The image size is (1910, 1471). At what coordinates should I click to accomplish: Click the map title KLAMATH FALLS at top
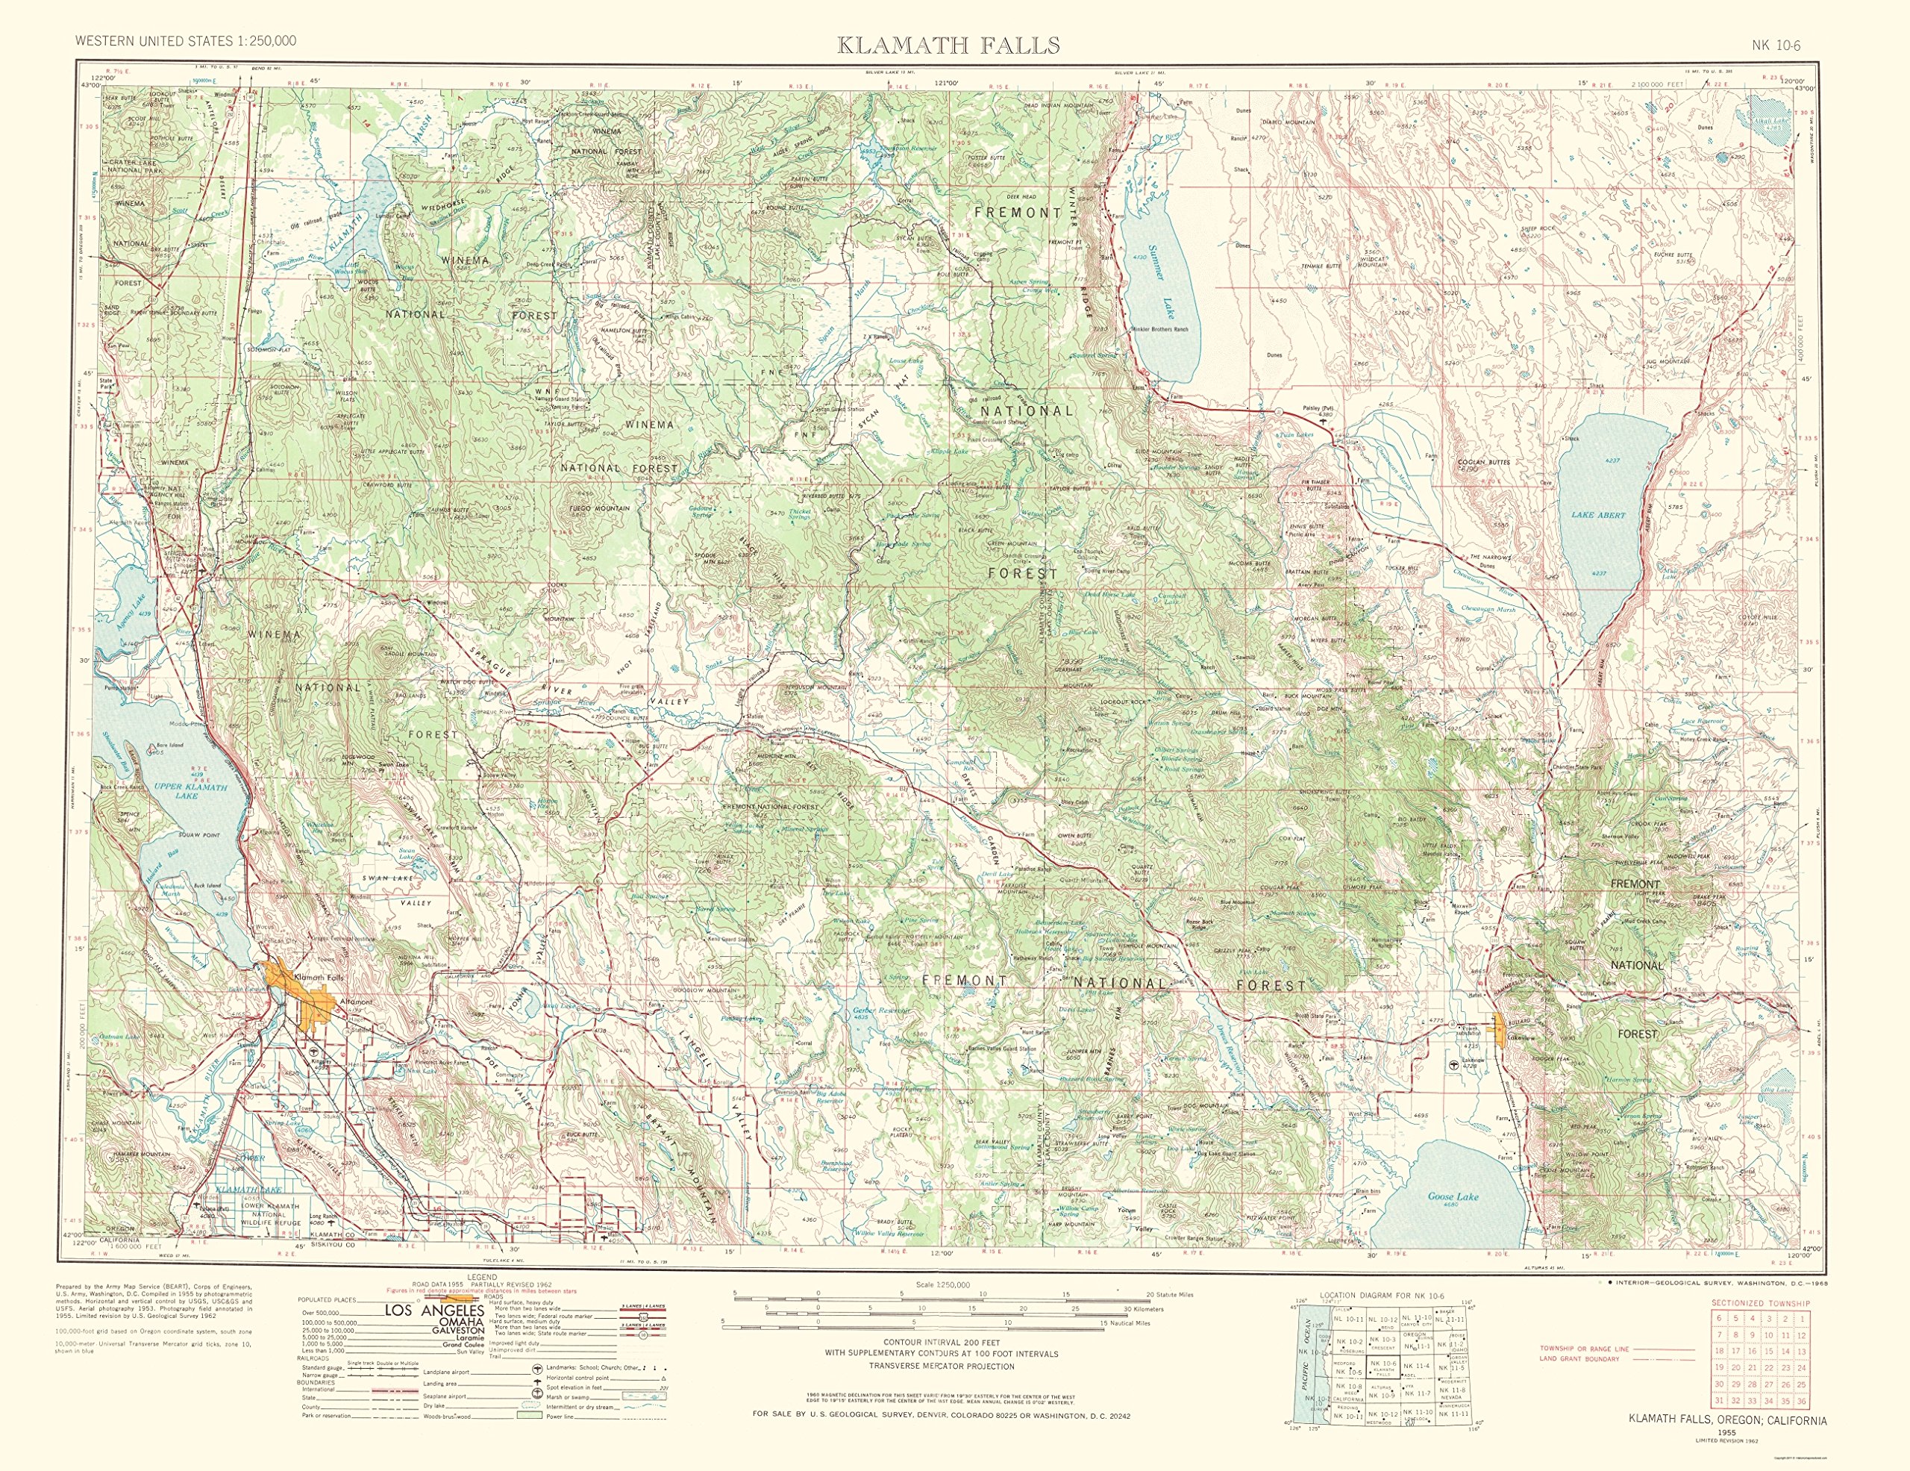(x=948, y=45)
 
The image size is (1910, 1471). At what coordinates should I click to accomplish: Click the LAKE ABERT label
(x=1598, y=515)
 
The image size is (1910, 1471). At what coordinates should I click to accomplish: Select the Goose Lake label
(x=1452, y=1196)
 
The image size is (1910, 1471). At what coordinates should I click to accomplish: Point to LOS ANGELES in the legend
(x=435, y=1312)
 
